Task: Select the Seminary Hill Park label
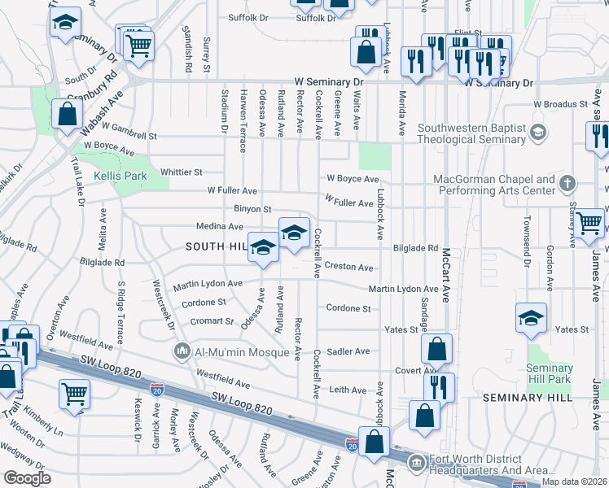coord(550,374)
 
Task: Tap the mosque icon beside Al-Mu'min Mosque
coord(182,352)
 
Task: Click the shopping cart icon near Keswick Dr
coord(74,394)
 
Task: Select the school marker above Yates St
coord(531,317)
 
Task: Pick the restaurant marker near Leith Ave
coord(438,386)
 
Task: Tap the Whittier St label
coord(181,172)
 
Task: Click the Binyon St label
coord(252,209)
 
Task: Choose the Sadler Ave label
coord(348,351)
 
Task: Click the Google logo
coord(27,478)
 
